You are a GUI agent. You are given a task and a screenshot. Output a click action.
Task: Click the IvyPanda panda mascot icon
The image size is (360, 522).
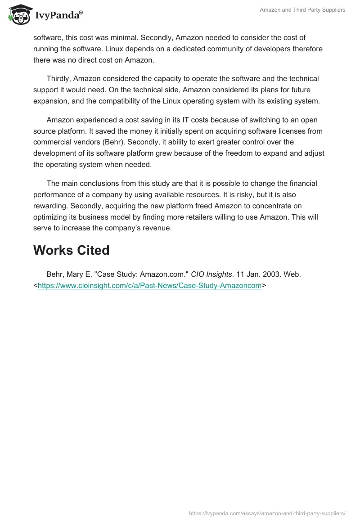click(18, 15)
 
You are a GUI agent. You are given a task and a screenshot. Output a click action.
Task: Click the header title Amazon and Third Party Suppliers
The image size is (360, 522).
click(302, 10)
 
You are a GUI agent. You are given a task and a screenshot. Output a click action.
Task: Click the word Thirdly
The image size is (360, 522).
click(60, 78)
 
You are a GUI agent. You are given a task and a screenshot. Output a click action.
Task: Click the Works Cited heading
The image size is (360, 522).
click(71, 250)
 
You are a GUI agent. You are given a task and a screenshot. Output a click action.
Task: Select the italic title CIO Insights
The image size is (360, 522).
click(211, 274)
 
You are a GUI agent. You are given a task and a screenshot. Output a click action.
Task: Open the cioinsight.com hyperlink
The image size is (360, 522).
click(149, 285)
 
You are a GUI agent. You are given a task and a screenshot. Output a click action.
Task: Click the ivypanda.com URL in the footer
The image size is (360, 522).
click(267, 513)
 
